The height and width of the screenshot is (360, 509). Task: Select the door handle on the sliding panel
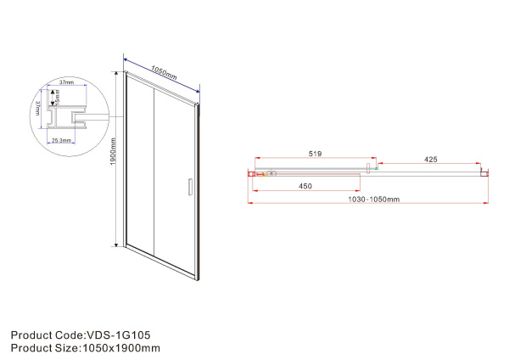point(189,188)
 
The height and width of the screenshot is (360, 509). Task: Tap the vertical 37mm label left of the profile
point(37,108)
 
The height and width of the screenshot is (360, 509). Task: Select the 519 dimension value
point(314,155)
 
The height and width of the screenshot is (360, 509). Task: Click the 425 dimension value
point(431,160)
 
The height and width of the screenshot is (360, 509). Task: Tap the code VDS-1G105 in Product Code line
point(119,335)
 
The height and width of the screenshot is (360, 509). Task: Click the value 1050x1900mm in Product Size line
point(120,347)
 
